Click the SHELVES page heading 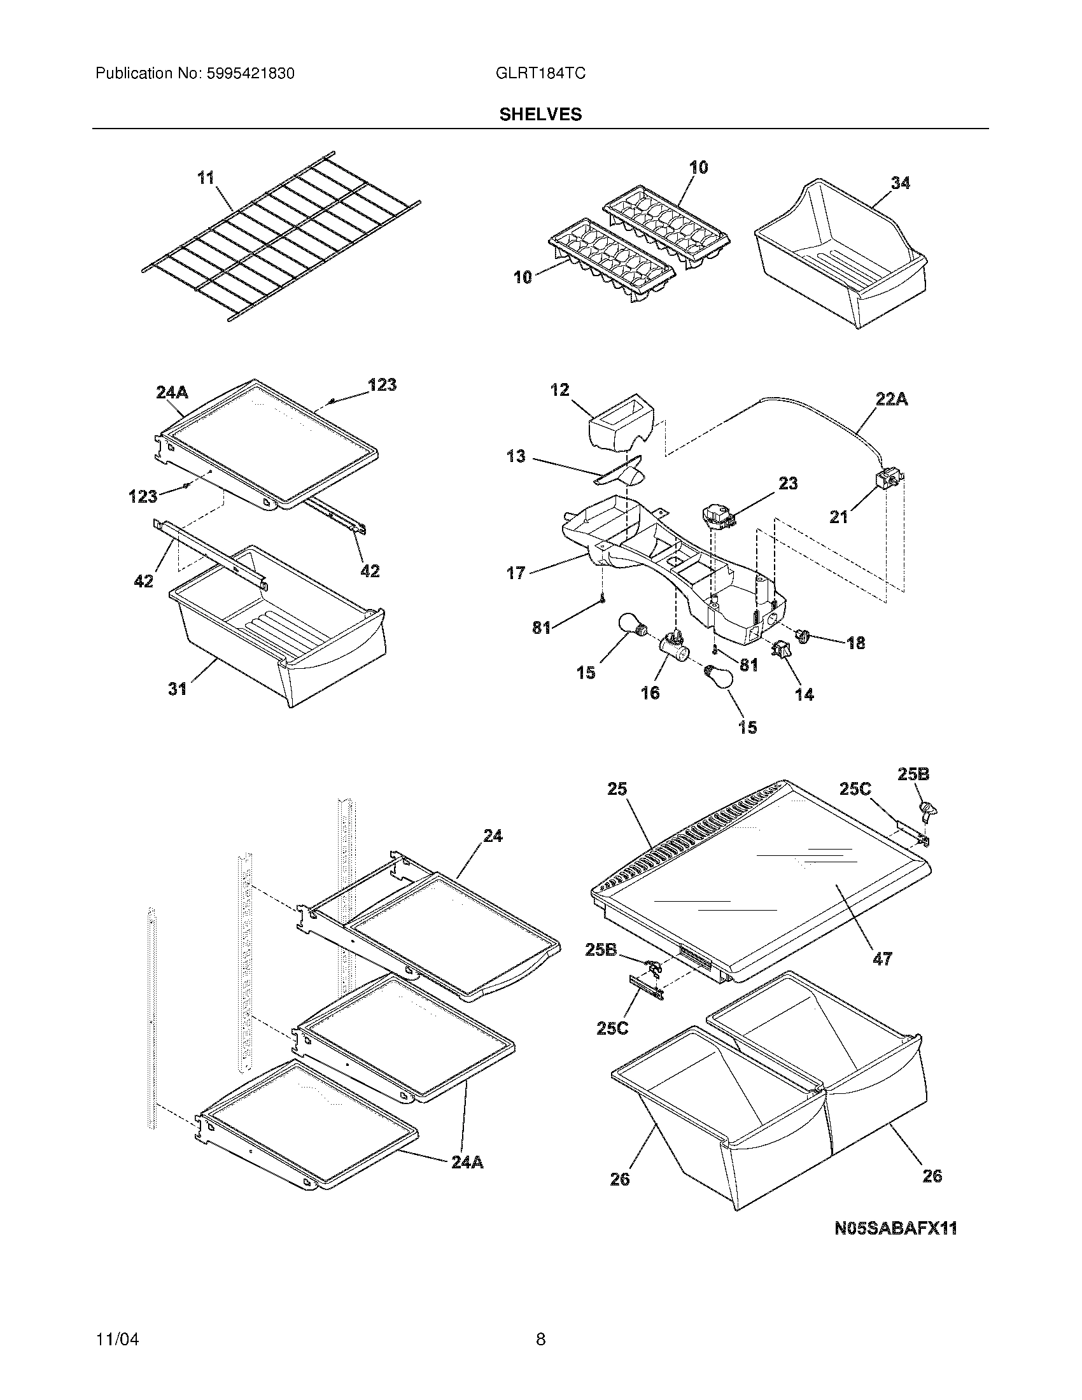point(540,114)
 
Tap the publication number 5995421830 point(250,73)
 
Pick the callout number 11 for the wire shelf point(206,178)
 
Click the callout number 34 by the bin point(900,183)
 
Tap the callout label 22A point(891,400)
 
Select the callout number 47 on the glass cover point(882,959)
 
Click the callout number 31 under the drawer point(178,689)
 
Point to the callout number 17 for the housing point(516,573)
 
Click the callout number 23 point(788,483)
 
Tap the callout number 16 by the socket point(650,692)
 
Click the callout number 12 point(559,389)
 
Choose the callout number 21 point(838,516)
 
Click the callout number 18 point(855,642)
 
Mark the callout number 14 point(804,694)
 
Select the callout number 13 point(516,456)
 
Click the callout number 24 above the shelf point(493,836)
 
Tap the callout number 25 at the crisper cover point(618,788)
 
